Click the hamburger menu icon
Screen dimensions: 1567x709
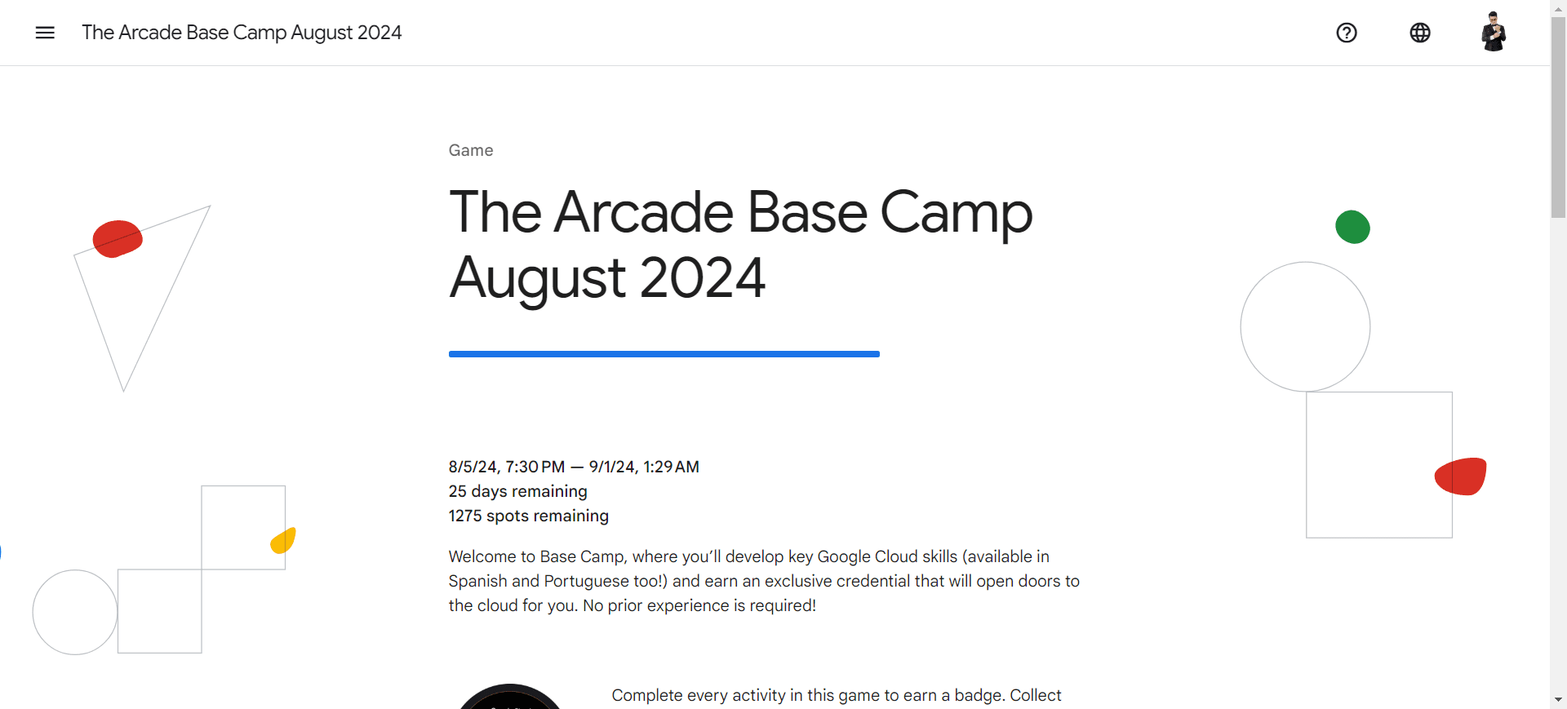tap(45, 33)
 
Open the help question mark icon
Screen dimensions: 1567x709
tap(1347, 33)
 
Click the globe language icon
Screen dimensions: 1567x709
tap(1420, 33)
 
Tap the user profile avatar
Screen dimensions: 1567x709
tap(1494, 32)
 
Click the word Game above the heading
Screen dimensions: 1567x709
tap(471, 150)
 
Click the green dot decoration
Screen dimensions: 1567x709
tap(1352, 227)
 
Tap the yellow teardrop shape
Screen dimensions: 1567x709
tap(283, 540)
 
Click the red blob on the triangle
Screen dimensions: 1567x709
tap(118, 239)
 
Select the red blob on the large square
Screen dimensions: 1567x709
tap(1461, 476)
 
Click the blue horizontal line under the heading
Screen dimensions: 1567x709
tap(664, 354)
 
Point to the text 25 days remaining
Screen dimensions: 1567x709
tap(518, 491)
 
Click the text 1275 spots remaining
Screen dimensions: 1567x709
tap(529, 516)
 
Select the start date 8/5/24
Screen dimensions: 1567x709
tap(474, 467)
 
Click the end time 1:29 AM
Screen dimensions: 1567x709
tap(671, 467)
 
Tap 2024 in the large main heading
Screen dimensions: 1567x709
tap(703, 277)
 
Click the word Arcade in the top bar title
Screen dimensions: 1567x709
tap(150, 33)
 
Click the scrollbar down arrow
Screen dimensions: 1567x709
tap(1559, 700)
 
